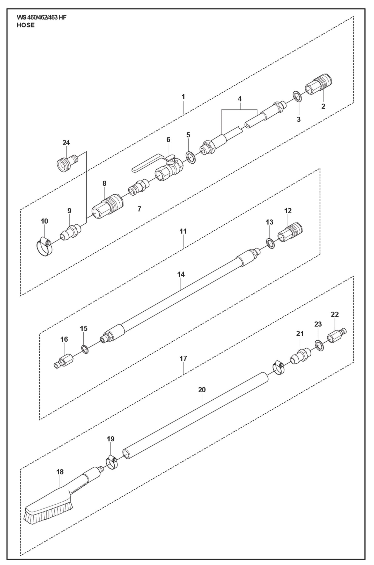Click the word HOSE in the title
(x=26, y=25)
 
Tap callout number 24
(x=66, y=143)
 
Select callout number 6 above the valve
(x=168, y=140)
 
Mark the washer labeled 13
(x=270, y=243)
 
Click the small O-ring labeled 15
(x=85, y=349)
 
